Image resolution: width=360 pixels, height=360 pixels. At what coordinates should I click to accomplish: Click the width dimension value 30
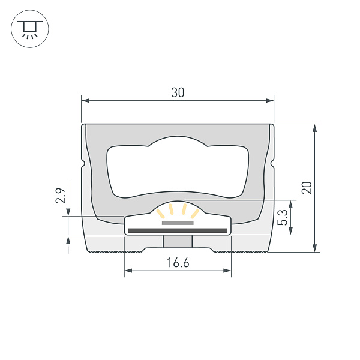(178, 92)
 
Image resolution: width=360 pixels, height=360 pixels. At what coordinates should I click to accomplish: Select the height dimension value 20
(307, 187)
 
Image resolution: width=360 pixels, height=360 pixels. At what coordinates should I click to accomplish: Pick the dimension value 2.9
(60, 196)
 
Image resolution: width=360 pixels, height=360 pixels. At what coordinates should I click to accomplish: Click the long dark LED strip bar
(178, 230)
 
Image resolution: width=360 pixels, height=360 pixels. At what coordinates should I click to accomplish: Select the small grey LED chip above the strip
(178, 223)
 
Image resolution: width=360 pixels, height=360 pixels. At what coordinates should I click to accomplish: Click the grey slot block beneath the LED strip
(178, 241)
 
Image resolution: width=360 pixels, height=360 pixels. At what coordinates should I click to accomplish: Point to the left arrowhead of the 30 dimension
(85, 101)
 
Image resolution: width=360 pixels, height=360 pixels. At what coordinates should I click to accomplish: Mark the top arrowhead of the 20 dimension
(315, 128)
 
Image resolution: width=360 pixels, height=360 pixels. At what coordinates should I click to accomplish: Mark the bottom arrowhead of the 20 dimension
(315, 248)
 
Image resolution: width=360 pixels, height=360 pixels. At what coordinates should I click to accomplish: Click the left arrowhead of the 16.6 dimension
(128, 271)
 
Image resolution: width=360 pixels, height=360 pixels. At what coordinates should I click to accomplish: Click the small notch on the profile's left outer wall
(82, 163)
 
